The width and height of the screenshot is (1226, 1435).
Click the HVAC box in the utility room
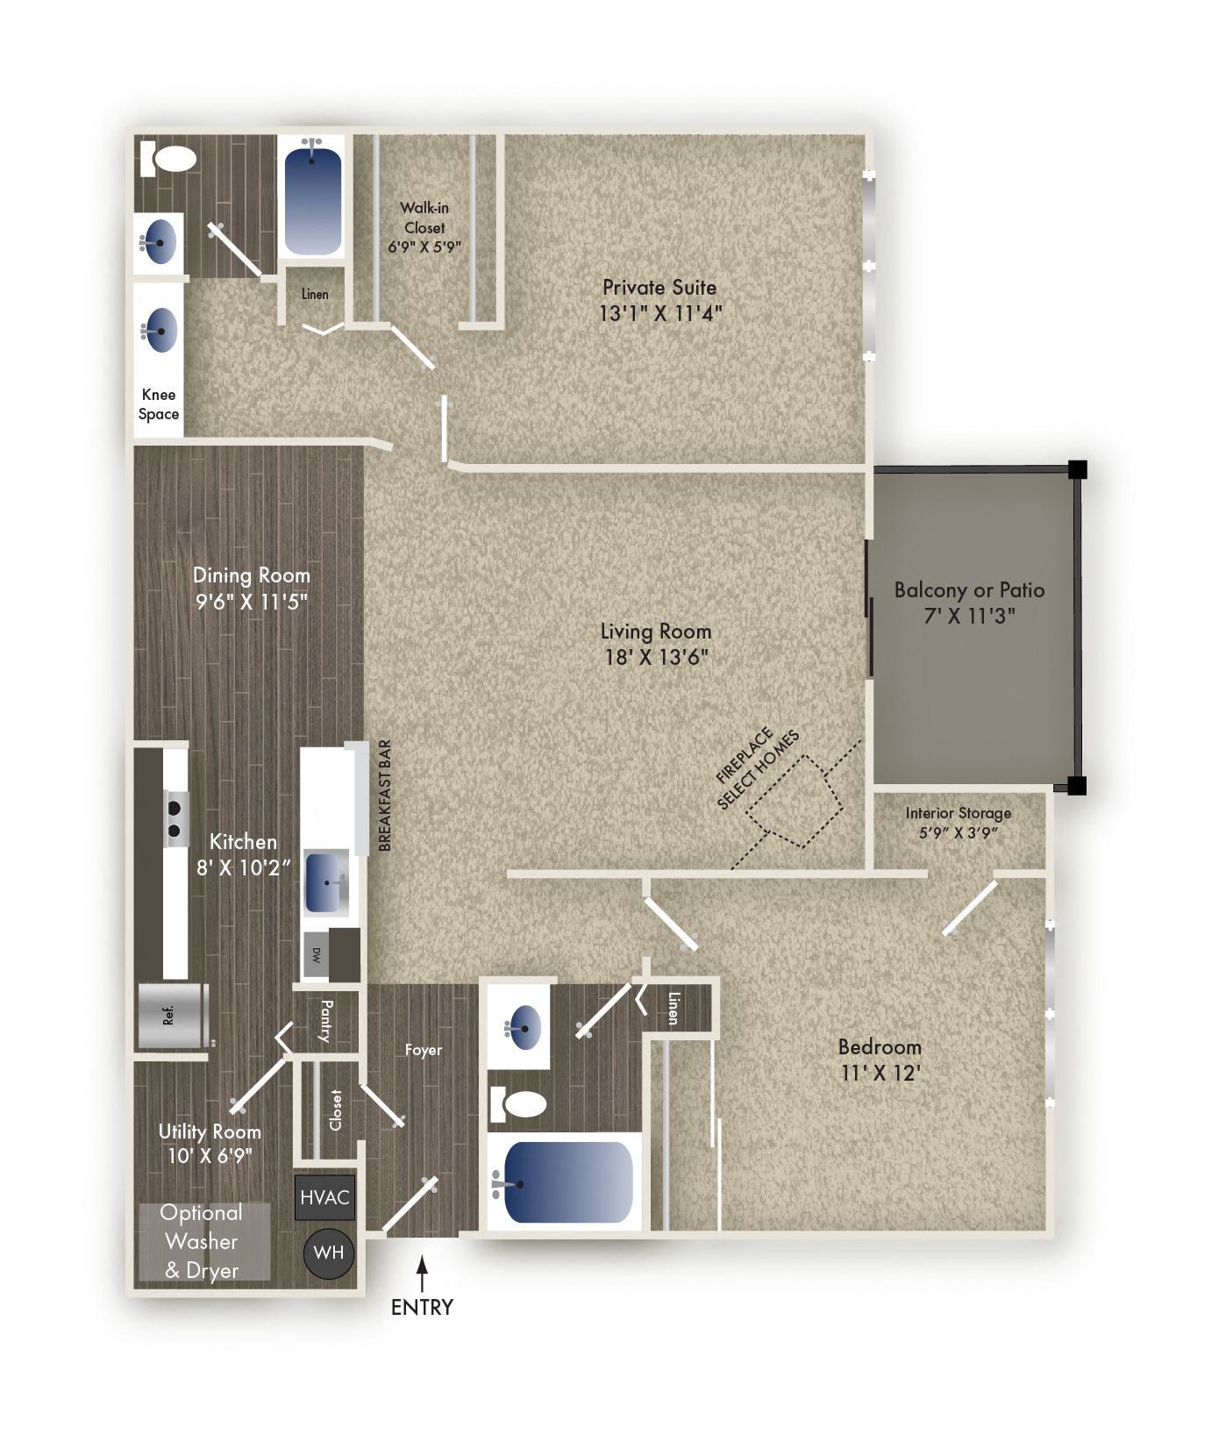[x=324, y=1197]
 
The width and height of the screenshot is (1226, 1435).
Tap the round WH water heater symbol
[x=329, y=1253]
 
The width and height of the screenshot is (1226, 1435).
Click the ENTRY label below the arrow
[x=422, y=1307]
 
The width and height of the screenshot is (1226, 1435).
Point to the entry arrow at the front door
[x=422, y=1272]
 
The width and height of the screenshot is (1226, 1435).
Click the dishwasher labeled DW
[x=317, y=955]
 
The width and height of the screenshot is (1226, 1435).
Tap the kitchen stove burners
[x=175, y=818]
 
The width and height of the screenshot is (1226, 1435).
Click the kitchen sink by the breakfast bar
[x=326, y=882]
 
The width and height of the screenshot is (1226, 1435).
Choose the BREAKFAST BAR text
[x=385, y=796]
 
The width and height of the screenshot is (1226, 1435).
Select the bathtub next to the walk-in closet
[x=313, y=200]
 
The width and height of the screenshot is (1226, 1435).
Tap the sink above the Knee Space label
[x=160, y=331]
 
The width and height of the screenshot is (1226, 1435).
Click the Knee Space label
[x=159, y=404]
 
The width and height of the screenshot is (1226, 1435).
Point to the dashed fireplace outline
[x=795, y=801]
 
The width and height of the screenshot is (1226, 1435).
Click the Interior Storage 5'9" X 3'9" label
[x=958, y=823]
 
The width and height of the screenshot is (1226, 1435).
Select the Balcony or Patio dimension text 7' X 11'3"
[x=969, y=616]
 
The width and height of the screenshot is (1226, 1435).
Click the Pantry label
[x=326, y=1021]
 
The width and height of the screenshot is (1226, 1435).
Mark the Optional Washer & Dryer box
[x=203, y=1241]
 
